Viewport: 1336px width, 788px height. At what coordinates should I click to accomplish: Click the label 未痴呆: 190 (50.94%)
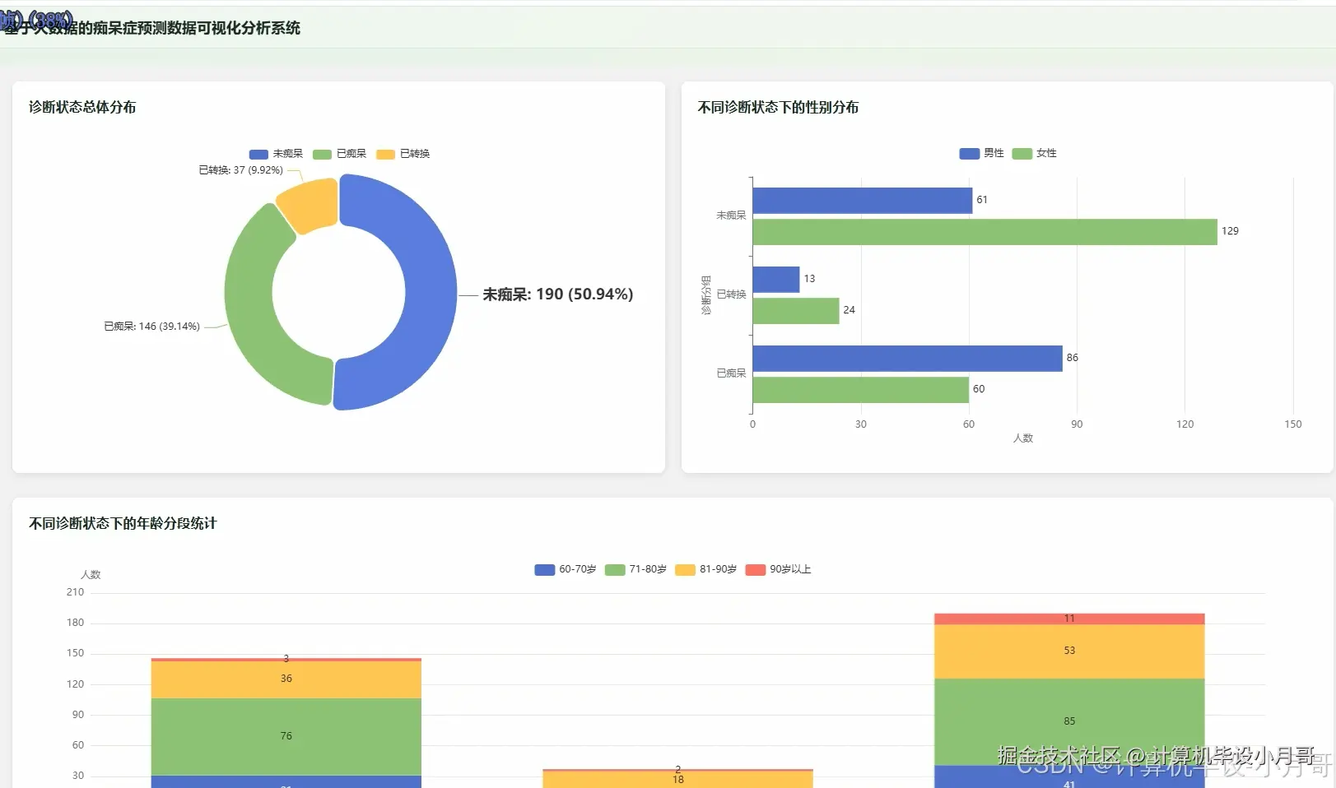coord(557,294)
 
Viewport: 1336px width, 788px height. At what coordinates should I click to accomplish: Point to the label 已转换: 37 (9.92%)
coord(240,170)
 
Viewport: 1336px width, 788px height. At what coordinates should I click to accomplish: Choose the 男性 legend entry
coord(981,153)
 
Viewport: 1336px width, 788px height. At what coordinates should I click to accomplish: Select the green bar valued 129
coord(984,232)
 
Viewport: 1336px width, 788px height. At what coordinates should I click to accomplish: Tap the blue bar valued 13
coord(775,280)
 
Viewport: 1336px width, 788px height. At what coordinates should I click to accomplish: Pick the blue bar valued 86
coord(906,359)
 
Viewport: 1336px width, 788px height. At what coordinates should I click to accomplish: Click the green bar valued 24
coord(795,311)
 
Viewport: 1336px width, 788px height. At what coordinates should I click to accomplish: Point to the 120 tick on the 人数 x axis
coord(1185,424)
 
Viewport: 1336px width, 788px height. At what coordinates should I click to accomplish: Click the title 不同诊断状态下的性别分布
coord(778,107)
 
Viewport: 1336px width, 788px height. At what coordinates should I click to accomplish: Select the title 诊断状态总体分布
coord(82,107)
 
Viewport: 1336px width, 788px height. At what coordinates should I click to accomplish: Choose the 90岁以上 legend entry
coord(779,569)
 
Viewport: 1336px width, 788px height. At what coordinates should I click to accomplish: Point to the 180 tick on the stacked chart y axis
coord(75,623)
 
